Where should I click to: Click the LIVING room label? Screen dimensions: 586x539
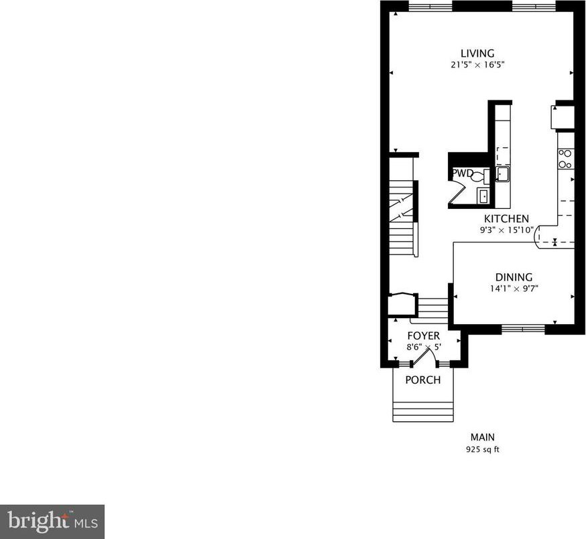point(477,54)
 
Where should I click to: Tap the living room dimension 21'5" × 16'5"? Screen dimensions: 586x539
point(477,64)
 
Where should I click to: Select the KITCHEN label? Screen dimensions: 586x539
point(506,219)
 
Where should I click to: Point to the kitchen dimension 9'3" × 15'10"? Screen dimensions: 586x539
point(507,230)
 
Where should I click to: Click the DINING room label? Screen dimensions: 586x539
point(514,277)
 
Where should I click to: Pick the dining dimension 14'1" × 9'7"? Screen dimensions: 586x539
point(514,289)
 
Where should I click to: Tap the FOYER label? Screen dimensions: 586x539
point(424,335)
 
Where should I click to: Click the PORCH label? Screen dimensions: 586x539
point(423,380)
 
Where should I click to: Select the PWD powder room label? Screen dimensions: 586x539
point(463,173)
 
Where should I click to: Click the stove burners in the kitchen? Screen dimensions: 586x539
point(565,159)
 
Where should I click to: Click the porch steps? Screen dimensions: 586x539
point(423,412)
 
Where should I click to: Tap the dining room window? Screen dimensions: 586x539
point(523,329)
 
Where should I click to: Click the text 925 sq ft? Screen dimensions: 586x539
point(483,449)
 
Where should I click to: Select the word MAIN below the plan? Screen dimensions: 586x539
point(483,437)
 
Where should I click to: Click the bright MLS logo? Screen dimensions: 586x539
point(52,522)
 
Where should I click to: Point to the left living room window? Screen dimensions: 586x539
point(430,6)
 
